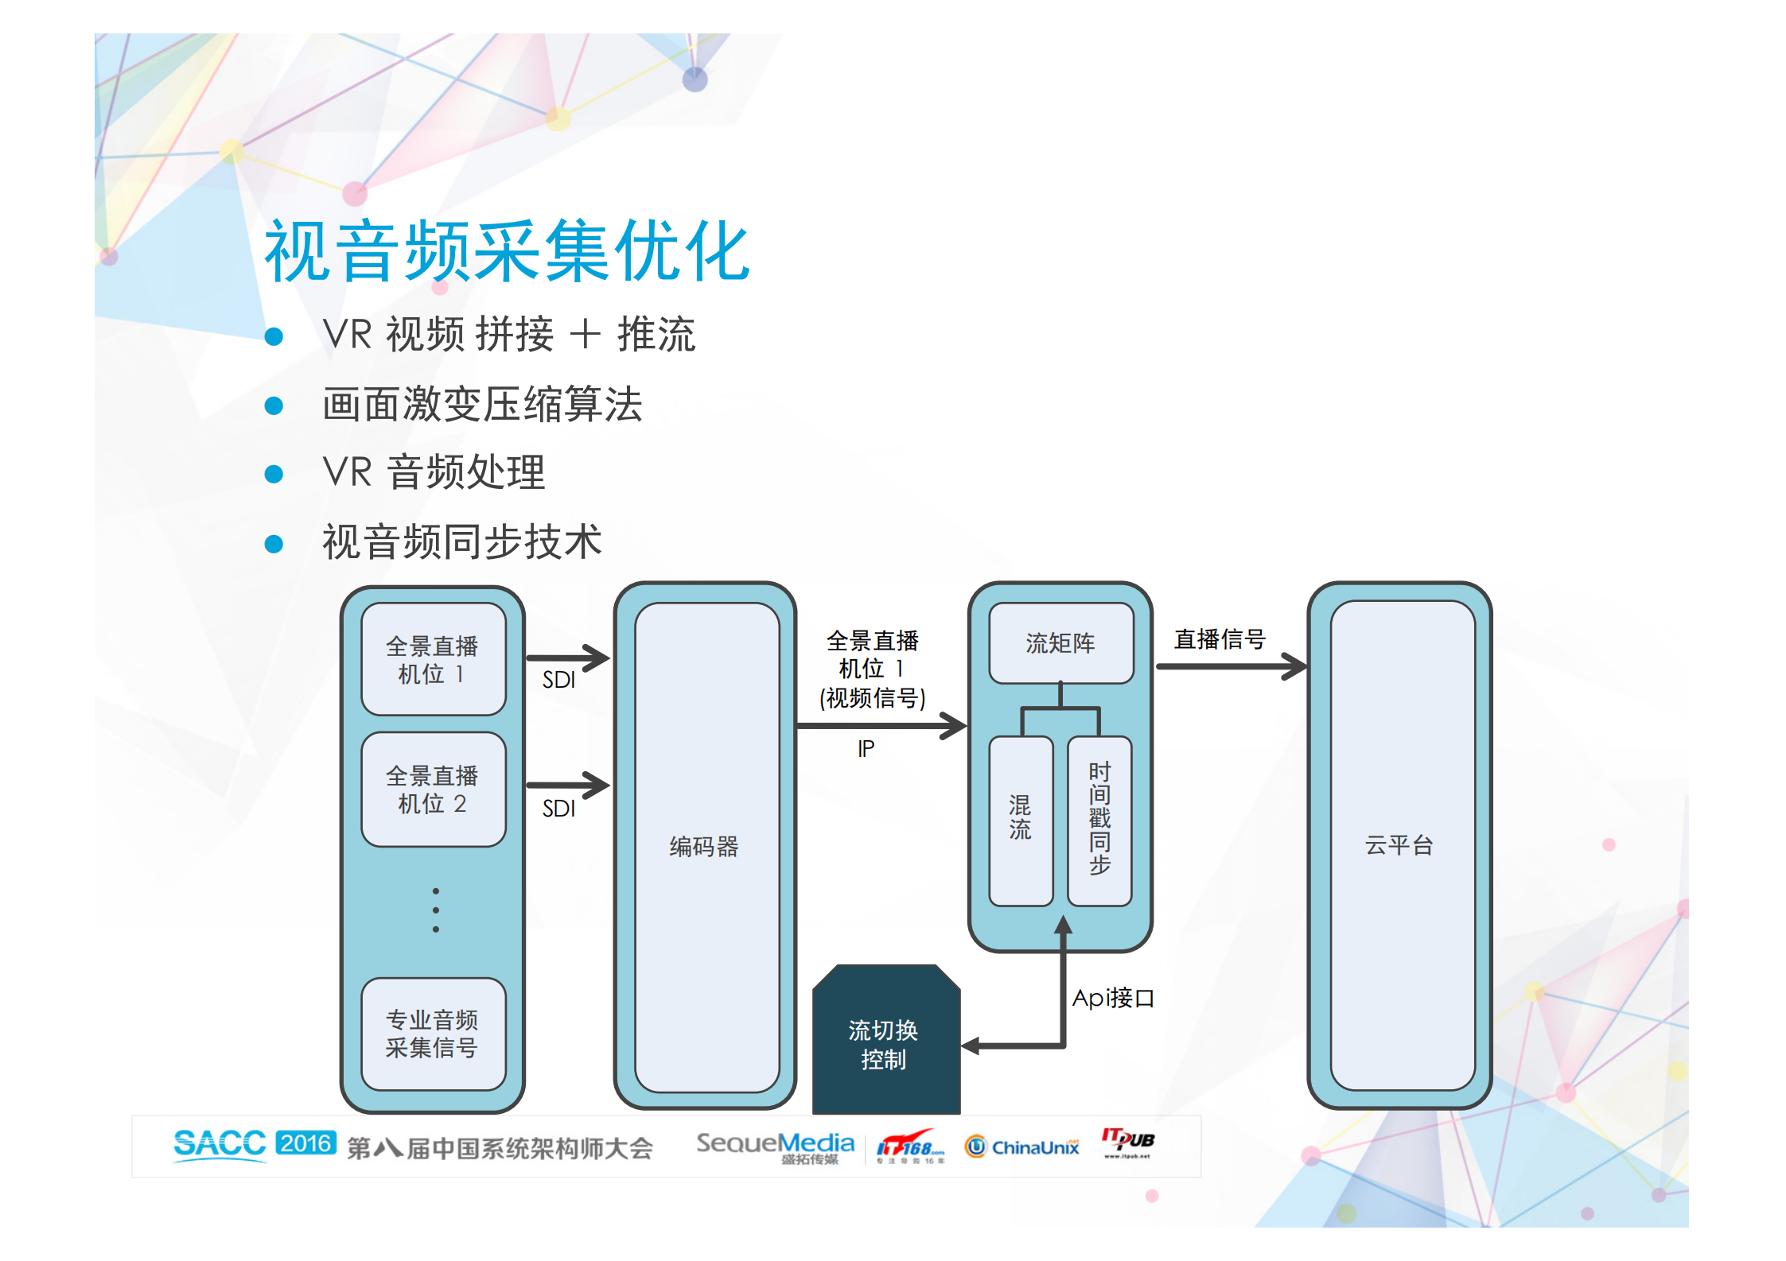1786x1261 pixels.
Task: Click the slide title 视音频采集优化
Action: tap(507, 251)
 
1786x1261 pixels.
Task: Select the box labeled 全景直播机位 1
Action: tap(433, 659)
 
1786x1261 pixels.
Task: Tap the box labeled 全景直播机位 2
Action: tap(433, 789)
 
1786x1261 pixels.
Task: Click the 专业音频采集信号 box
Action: tap(433, 1033)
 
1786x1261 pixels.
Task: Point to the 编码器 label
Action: tap(704, 846)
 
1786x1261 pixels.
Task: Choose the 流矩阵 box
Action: tap(1060, 642)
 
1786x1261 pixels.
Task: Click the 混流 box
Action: tap(1020, 819)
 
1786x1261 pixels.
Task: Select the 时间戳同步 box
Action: tap(1099, 819)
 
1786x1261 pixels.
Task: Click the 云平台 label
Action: tap(1399, 844)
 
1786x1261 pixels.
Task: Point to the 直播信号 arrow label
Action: tap(1220, 639)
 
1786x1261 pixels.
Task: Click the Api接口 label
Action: tap(1112, 998)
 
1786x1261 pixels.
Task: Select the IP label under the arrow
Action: tap(866, 748)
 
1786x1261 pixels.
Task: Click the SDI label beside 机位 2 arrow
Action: tap(558, 809)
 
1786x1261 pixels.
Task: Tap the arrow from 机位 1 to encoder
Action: tap(568, 658)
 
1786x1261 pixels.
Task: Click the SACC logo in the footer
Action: tap(220, 1144)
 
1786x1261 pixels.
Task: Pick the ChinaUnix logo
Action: tap(1022, 1147)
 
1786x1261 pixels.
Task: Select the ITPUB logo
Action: tap(1127, 1143)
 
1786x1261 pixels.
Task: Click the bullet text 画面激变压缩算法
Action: tap(482, 404)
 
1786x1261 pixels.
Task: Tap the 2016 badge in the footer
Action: tap(305, 1143)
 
